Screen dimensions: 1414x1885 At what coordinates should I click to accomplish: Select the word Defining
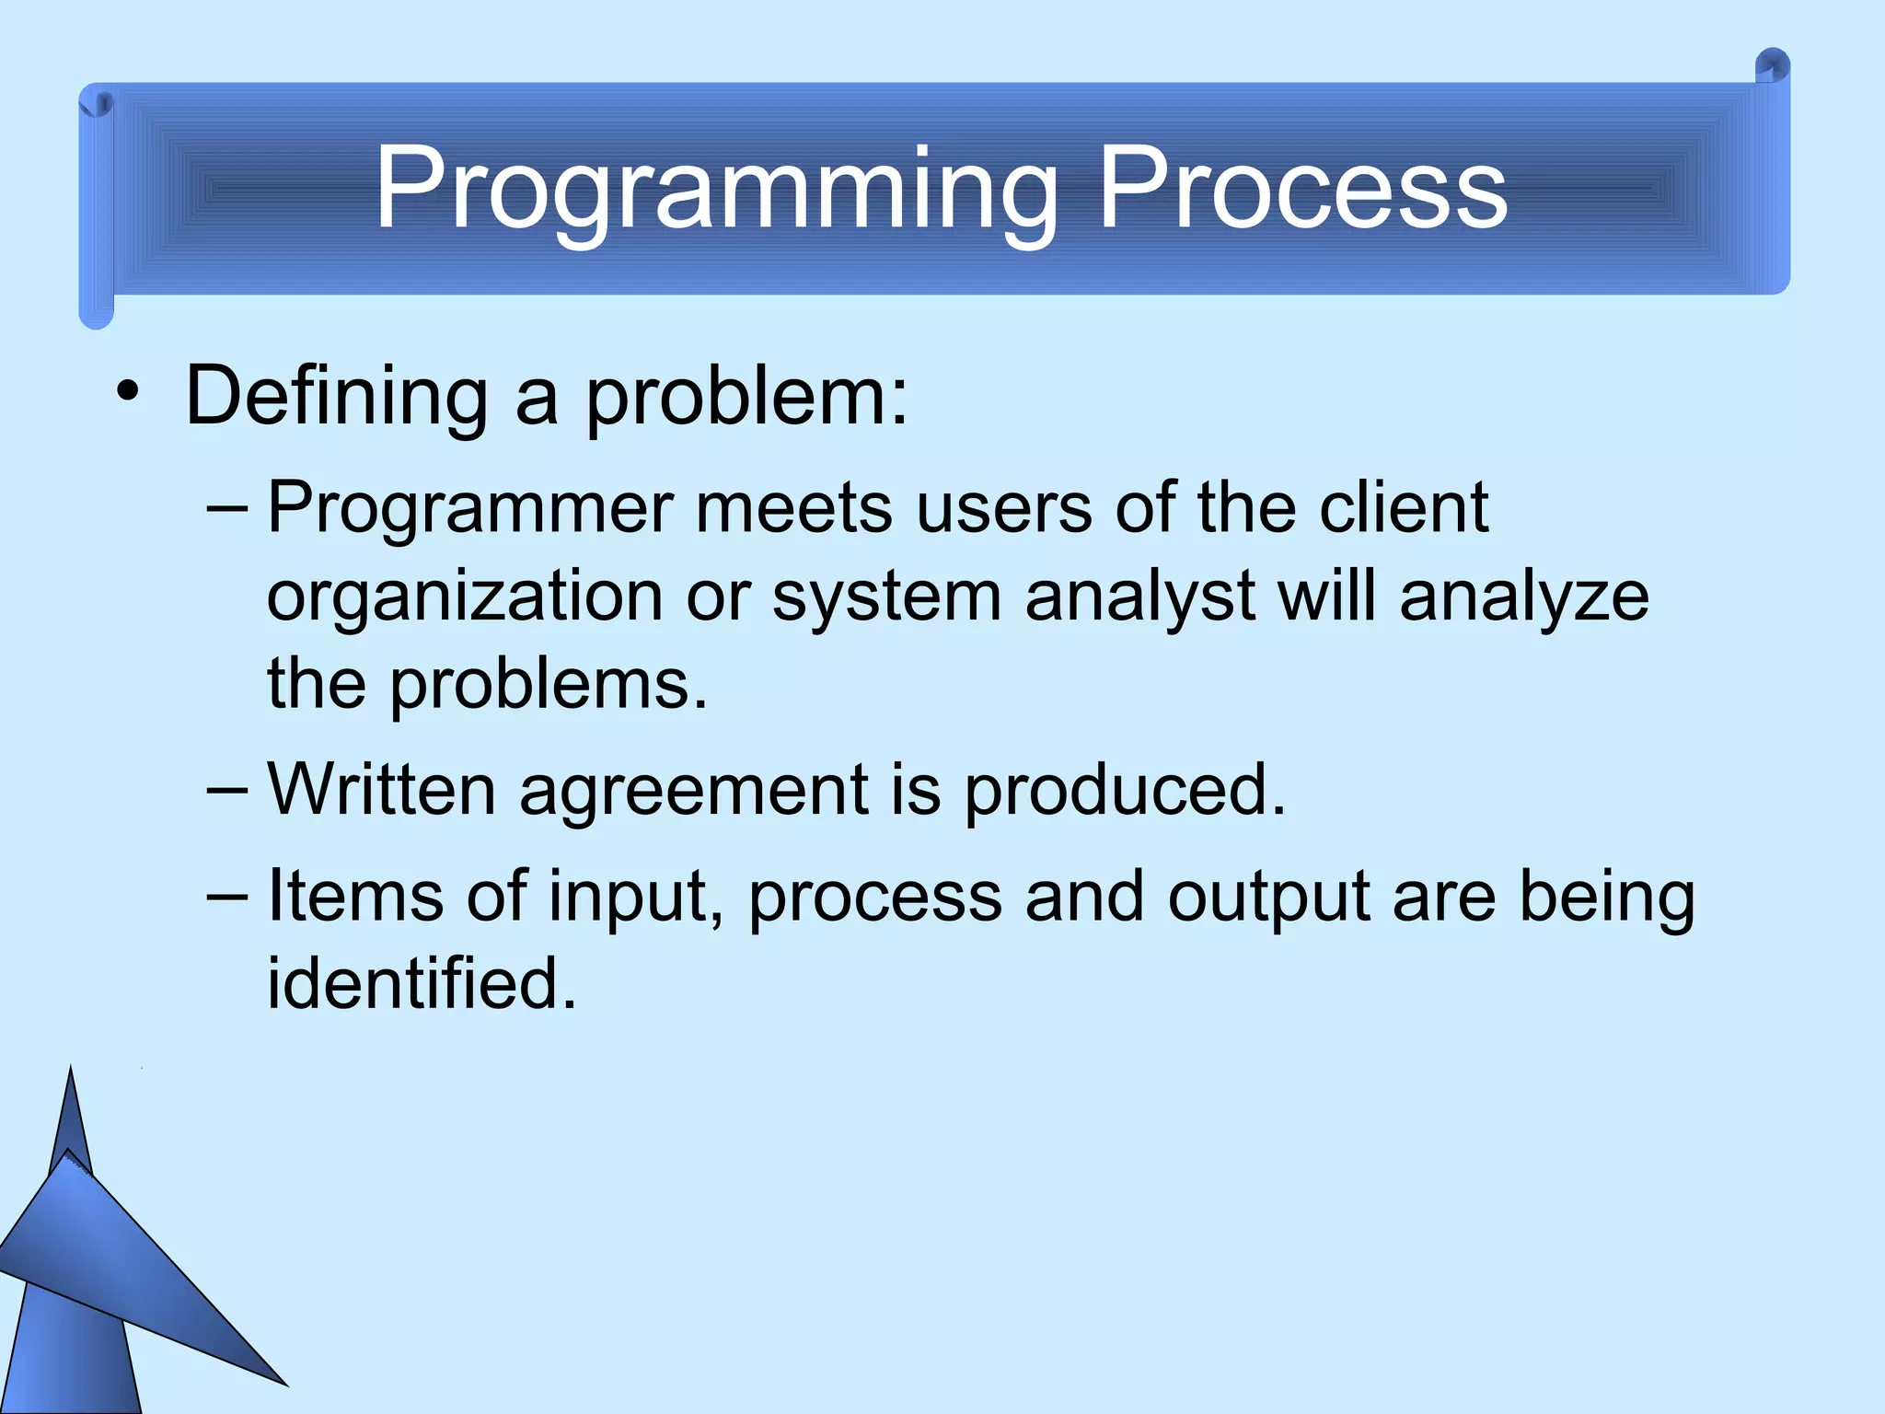pyautogui.click(x=336, y=396)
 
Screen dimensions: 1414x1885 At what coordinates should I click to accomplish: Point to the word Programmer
pyautogui.click(x=470, y=509)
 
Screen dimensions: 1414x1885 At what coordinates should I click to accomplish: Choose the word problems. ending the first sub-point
pyautogui.click(x=549, y=686)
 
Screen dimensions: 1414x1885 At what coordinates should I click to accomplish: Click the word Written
pyautogui.click(x=382, y=790)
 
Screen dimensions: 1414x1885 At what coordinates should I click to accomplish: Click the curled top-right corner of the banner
pyautogui.click(x=1771, y=69)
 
